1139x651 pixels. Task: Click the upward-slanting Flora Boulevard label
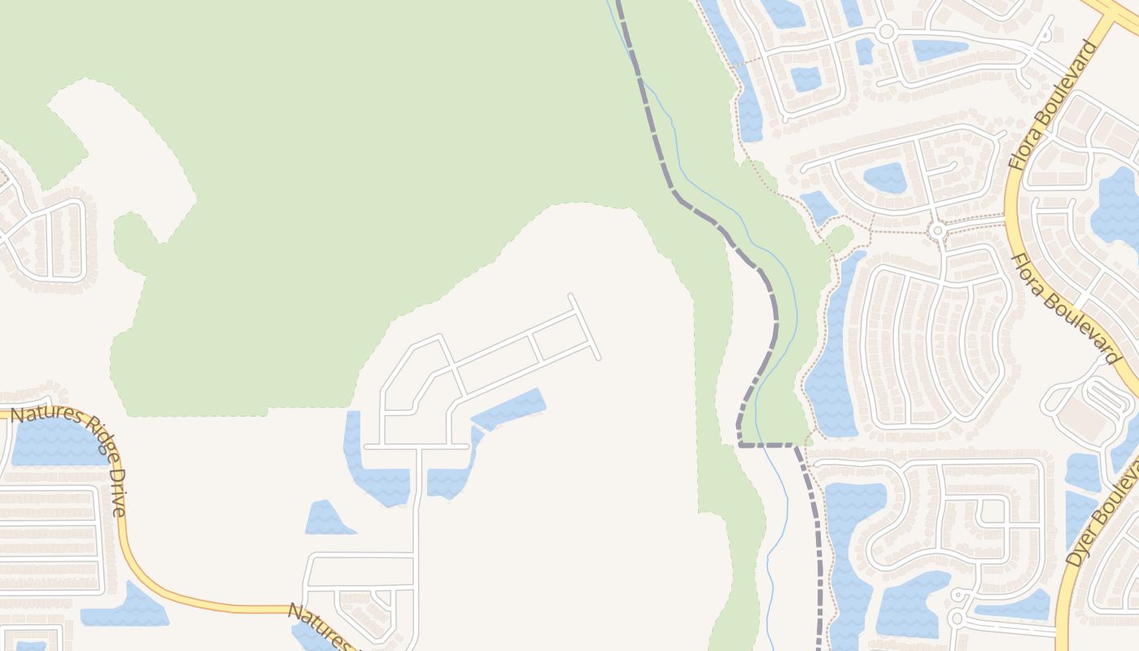[x=1053, y=106]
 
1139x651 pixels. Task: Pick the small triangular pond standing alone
[x=327, y=519]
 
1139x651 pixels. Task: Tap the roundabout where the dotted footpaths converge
[x=938, y=231]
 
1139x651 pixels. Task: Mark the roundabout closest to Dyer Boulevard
[x=957, y=619]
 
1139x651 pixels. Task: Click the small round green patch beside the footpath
[x=840, y=238]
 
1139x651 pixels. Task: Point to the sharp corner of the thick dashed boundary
[x=740, y=444]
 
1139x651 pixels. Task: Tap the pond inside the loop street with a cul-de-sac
[x=884, y=177]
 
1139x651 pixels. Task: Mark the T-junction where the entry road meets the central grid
[x=418, y=447]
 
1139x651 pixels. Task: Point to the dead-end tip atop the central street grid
[x=571, y=297]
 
